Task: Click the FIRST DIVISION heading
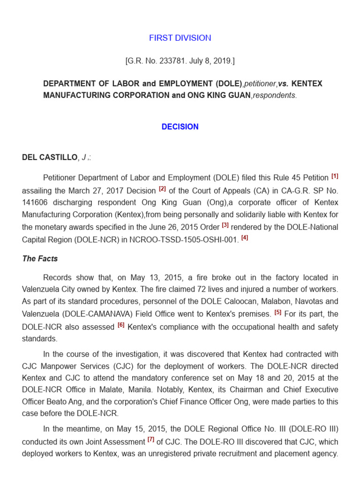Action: (x=180, y=38)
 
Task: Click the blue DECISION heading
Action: (x=180, y=127)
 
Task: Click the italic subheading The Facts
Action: (x=40, y=259)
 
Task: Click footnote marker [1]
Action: (x=335, y=177)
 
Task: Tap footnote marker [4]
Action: (x=244, y=238)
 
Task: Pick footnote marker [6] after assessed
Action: (x=121, y=325)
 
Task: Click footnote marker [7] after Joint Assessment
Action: (x=150, y=440)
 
